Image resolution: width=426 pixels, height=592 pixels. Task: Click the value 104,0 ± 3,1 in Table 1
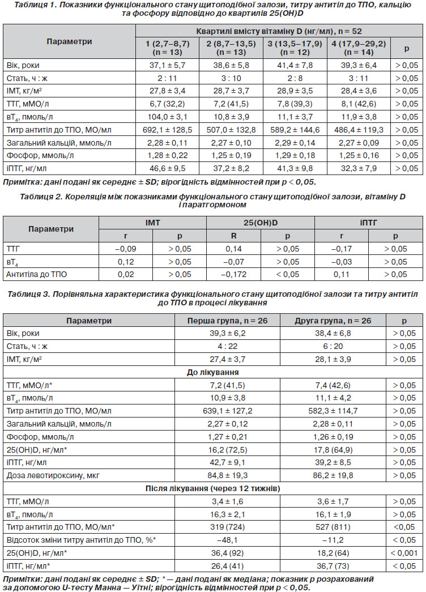167,117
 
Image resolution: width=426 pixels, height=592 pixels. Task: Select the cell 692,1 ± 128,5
167,130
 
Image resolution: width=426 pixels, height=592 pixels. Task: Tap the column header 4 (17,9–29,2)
359,48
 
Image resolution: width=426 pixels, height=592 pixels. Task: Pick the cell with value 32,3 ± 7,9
359,168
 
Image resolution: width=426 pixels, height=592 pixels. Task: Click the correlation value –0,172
234,275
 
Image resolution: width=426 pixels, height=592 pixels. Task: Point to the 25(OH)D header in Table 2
261,223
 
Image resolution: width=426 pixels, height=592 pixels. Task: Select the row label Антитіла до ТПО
37,275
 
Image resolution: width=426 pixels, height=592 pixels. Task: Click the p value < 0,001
404,553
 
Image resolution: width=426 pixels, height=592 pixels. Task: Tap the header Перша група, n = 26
227,321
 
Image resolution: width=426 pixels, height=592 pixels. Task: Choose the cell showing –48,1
227,540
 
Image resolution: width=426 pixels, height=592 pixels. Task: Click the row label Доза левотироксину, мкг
53,476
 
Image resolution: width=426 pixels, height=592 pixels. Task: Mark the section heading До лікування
213,372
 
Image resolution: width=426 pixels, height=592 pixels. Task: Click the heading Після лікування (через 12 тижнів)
213,488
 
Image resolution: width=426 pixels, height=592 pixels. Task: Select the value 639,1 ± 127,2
227,411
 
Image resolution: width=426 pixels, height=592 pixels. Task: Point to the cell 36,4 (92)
227,553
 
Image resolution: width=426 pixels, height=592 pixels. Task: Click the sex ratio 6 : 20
333,346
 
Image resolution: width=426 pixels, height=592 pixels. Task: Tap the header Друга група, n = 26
333,321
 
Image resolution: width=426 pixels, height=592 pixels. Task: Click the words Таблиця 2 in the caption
38,197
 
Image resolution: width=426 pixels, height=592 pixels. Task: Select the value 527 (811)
333,527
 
